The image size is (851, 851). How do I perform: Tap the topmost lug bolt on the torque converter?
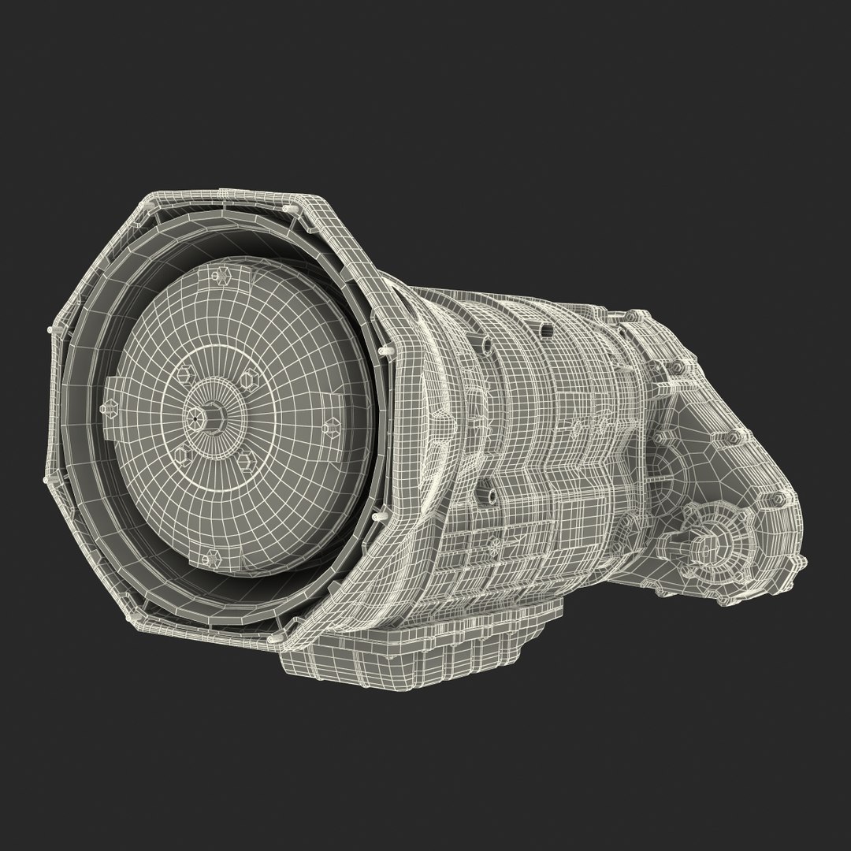[x=216, y=276]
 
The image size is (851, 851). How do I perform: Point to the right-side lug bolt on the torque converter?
[x=333, y=428]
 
